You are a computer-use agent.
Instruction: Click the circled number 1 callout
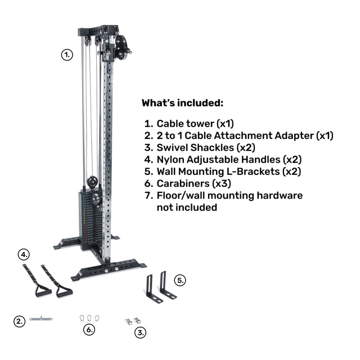point(67,55)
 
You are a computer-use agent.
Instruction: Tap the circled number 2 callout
point(19,321)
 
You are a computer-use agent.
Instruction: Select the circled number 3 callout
point(140,332)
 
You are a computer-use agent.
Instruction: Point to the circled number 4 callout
point(24,255)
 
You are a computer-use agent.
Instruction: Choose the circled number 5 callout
point(180,280)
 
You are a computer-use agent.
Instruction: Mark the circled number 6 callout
point(89,330)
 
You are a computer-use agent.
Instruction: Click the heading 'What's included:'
point(182,103)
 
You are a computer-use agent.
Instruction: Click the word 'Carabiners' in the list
point(183,183)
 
